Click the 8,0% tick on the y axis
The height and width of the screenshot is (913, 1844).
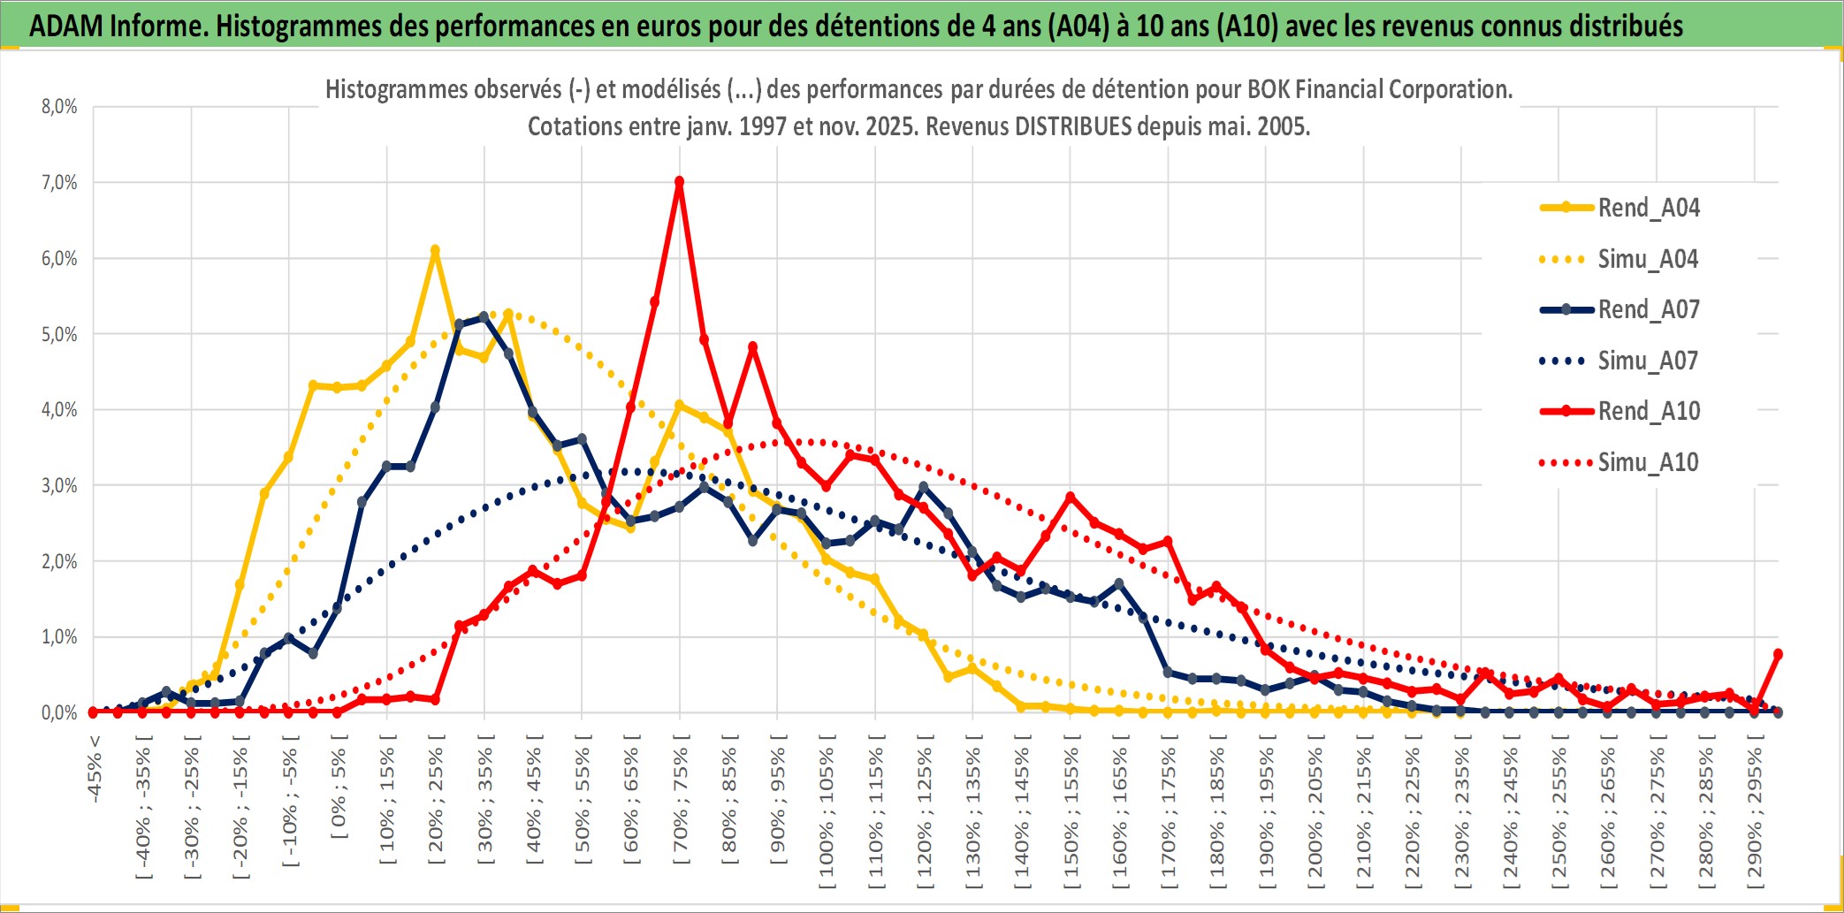(59, 107)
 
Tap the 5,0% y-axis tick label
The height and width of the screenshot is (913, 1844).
(59, 334)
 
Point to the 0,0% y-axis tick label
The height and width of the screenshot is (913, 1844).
(59, 712)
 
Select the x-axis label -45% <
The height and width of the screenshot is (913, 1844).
(94, 769)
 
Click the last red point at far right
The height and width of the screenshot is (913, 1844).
(1778, 654)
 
